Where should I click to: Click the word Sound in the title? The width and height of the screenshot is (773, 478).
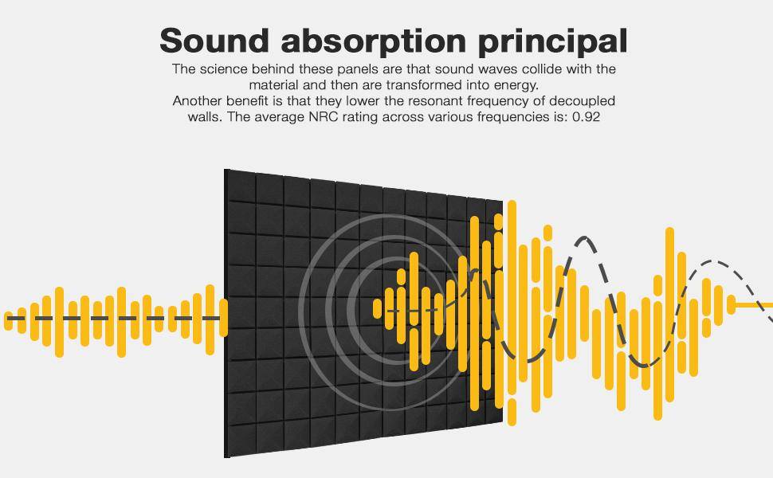214,40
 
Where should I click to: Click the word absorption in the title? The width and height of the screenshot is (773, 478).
374,41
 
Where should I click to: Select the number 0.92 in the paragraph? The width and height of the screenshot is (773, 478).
587,117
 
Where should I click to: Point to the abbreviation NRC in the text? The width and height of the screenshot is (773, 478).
321,117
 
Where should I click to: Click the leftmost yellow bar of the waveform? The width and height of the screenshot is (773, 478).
9,321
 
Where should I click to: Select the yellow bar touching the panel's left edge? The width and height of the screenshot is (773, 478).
223,318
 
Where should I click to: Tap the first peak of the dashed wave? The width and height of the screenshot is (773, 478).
585,238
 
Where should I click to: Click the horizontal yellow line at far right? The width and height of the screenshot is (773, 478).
754,305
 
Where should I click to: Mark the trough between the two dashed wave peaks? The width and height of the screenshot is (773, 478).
645,365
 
